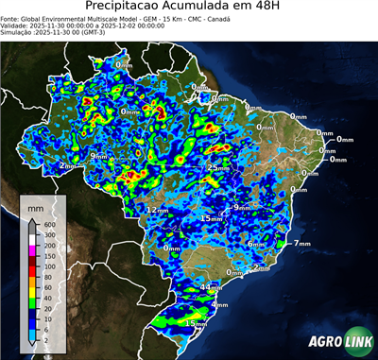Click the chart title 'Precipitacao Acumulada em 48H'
[x=188, y=7]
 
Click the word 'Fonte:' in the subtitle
[x=10, y=18]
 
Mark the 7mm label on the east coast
[x=302, y=244]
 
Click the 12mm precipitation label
[x=157, y=210]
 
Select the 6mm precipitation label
[x=255, y=244]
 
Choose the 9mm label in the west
[x=97, y=156]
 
